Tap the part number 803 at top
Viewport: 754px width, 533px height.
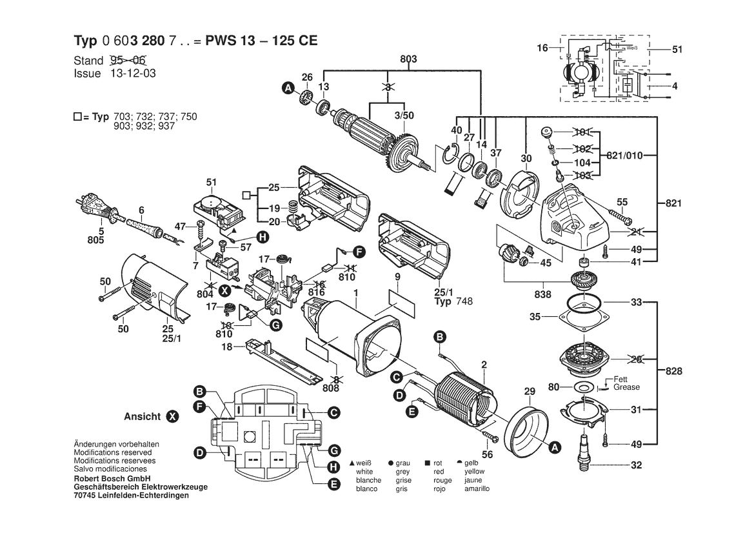point(408,59)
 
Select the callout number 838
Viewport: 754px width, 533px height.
point(542,294)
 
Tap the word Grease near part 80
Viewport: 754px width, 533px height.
point(627,387)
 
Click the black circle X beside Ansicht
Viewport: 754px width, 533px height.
point(172,417)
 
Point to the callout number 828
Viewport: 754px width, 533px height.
point(673,371)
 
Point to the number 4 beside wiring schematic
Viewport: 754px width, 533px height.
point(675,86)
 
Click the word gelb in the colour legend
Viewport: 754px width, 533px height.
point(472,463)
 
